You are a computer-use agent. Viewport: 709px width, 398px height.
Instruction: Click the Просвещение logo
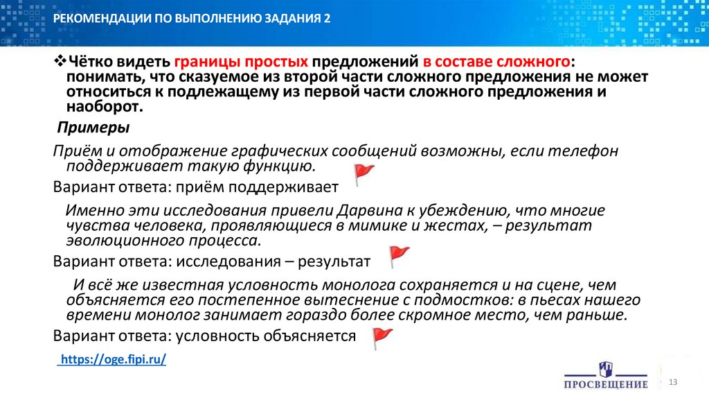(x=606, y=374)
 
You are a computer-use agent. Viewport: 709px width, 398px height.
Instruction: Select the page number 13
(x=672, y=384)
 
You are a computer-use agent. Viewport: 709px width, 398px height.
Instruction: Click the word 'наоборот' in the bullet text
(x=104, y=107)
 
